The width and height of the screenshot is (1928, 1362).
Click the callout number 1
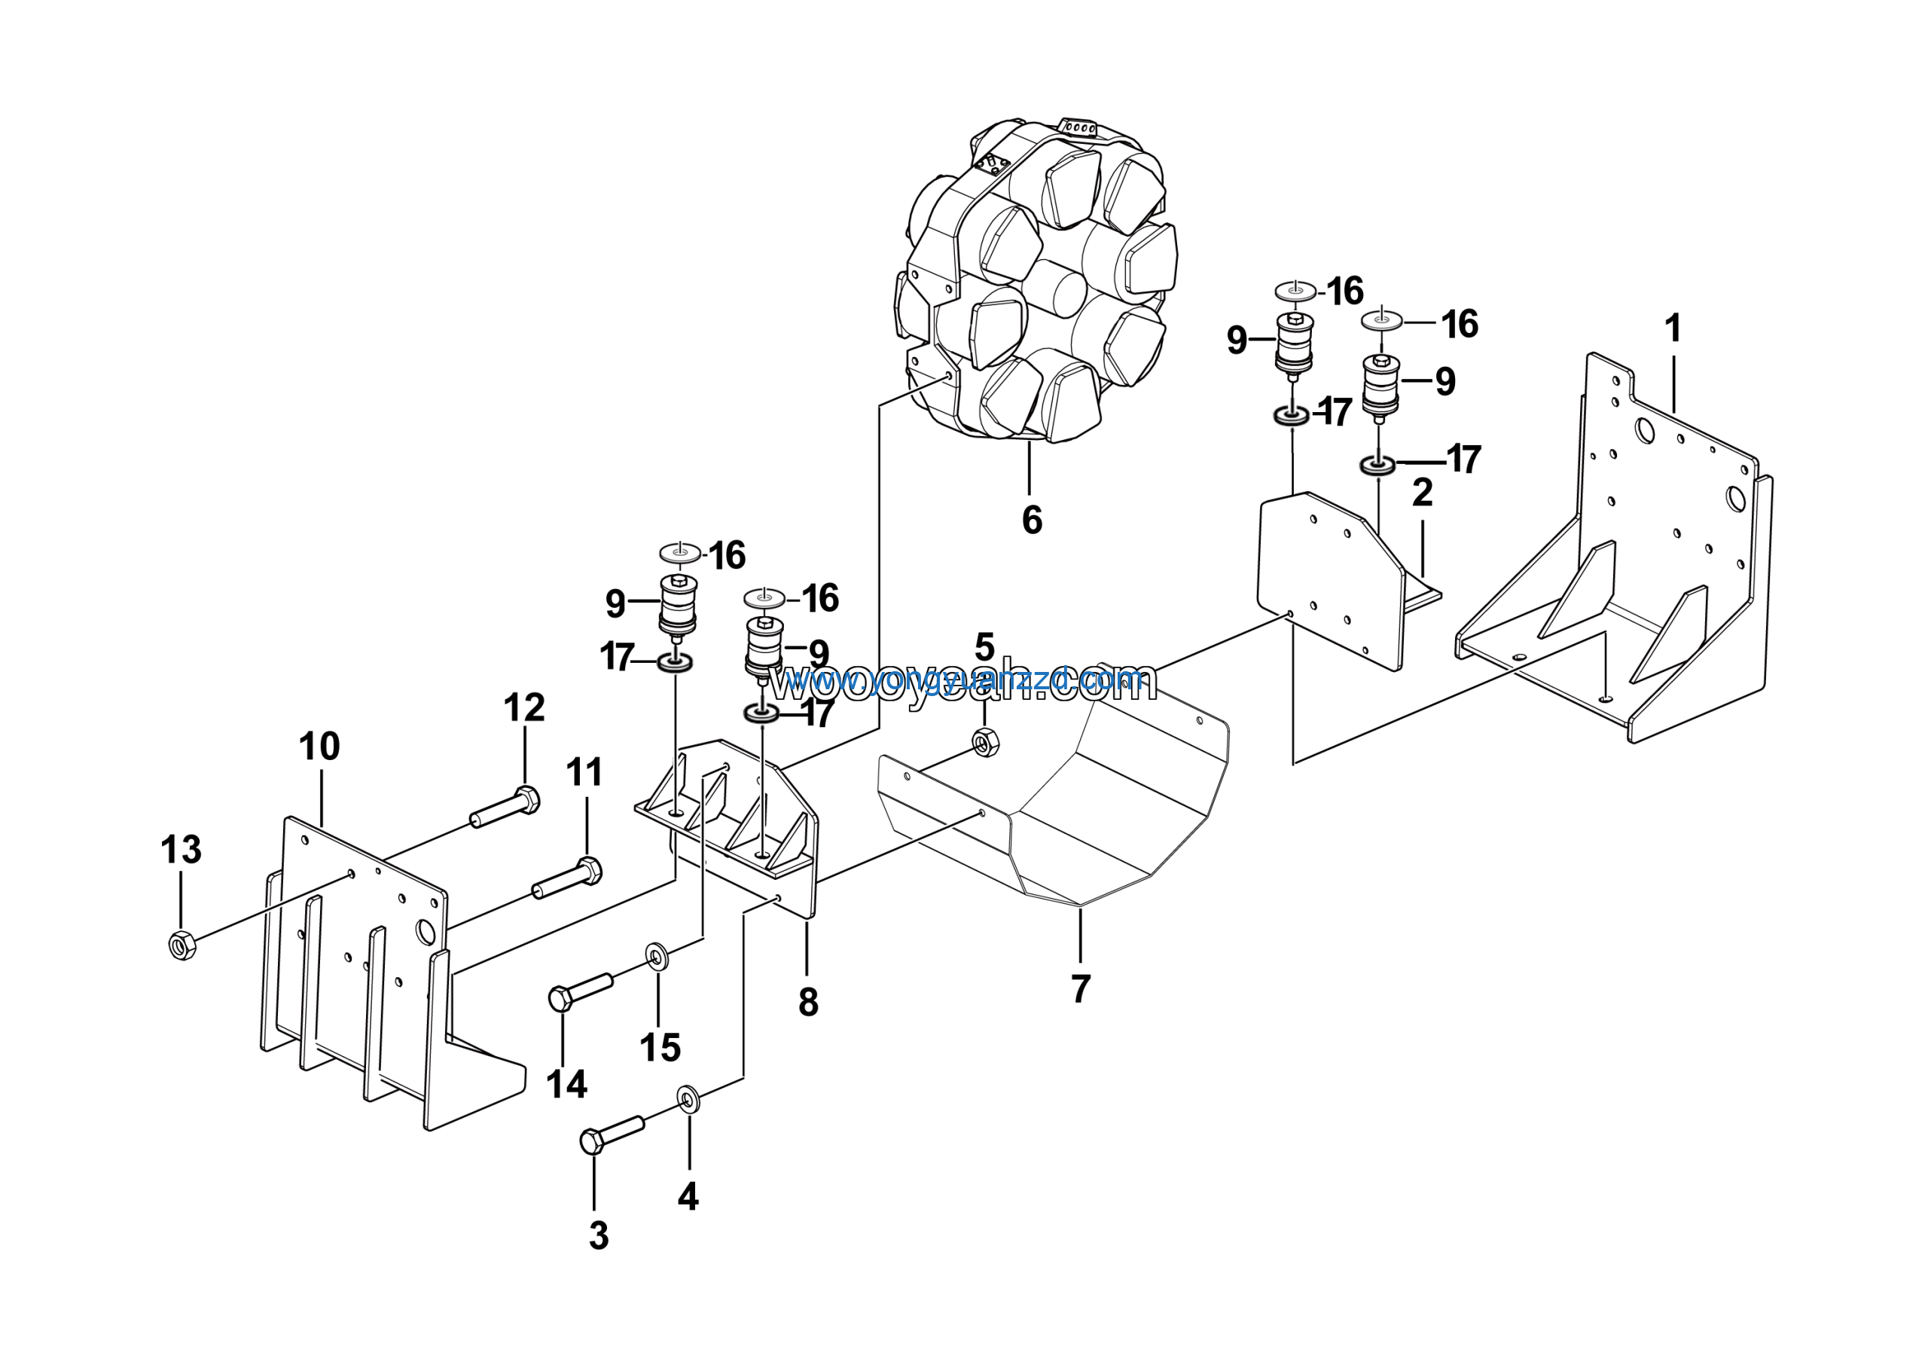(x=1673, y=328)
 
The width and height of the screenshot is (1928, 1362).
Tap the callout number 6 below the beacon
(x=1032, y=520)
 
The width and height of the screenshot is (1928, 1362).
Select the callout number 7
(x=1081, y=988)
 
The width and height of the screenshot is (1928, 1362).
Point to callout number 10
(x=319, y=746)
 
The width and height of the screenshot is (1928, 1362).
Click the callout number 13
(x=182, y=849)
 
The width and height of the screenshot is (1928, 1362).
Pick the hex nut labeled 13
(x=182, y=945)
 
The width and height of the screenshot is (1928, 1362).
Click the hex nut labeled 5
(x=985, y=742)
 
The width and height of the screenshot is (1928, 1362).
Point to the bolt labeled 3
(x=612, y=1133)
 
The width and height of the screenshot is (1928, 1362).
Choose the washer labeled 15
(x=656, y=955)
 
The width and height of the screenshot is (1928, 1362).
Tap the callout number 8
(x=808, y=1001)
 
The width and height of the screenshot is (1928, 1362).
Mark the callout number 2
(x=1422, y=493)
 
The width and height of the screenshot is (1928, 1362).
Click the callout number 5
(x=984, y=647)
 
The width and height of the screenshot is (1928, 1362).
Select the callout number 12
(x=524, y=707)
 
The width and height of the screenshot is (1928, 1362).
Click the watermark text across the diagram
(x=963, y=683)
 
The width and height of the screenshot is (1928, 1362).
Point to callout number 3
(x=598, y=1235)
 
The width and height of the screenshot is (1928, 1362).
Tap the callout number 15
(x=660, y=1047)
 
